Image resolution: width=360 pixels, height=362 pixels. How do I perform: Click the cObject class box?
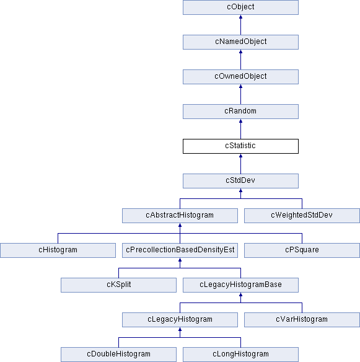(x=240, y=7)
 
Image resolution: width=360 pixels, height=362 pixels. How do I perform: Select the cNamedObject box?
(x=240, y=42)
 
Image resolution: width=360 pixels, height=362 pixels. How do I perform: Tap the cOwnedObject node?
(x=240, y=77)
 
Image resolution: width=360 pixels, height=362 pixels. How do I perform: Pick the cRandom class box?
(x=240, y=112)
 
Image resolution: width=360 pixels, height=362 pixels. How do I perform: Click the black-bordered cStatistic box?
(x=240, y=146)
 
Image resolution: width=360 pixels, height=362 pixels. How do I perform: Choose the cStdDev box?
(x=240, y=181)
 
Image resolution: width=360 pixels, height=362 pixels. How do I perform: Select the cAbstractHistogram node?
(x=180, y=216)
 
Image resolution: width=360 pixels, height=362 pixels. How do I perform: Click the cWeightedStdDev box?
(x=302, y=216)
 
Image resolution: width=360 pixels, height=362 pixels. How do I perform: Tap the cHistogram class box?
(x=58, y=250)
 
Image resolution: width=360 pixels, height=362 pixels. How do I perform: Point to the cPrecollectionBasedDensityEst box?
(x=180, y=250)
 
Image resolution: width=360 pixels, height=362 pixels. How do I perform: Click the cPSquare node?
(x=302, y=250)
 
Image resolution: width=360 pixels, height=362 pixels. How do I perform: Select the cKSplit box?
(x=118, y=285)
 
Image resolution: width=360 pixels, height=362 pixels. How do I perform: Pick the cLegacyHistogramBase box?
(x=240, y=285)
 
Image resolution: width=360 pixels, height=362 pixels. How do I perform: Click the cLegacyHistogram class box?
(x=180, y=320)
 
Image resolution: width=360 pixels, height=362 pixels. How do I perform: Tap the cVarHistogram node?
(x=302, y=320)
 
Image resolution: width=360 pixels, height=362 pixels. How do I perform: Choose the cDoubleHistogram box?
(x=118, y=355)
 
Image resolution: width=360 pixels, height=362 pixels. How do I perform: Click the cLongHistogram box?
(x=240, y=355)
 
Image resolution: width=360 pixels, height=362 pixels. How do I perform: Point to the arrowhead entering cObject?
(x=240, y=17)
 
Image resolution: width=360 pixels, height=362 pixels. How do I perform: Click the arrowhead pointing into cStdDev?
(x=240, y=190)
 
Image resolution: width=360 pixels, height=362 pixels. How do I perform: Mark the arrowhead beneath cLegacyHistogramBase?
(x=240, y=294)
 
